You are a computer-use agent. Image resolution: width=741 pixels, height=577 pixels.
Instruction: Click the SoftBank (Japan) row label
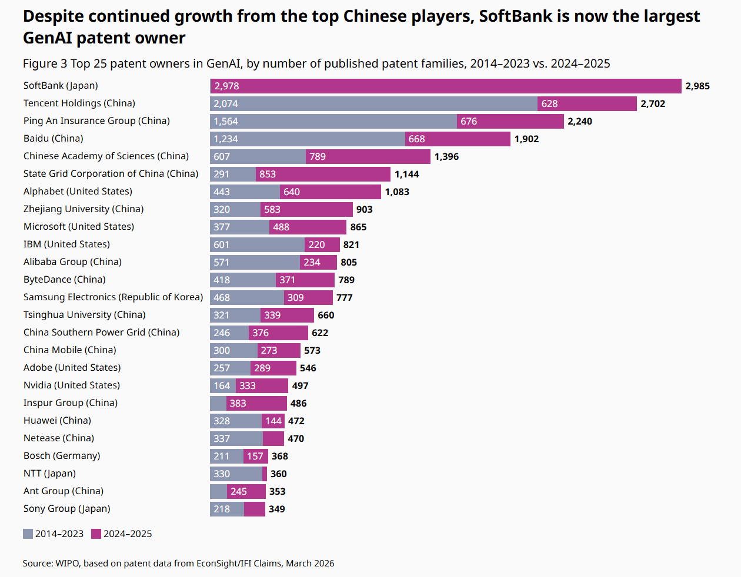pyautogui.click(x=61, y=86)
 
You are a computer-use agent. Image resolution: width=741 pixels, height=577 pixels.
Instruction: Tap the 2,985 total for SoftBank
pyautogui.click(x=697, y=86)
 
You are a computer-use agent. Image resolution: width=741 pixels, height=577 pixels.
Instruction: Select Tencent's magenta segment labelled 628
pyautogui.click(x=587, y=103)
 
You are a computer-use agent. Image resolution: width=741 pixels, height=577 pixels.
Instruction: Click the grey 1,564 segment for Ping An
pyautogui.click(x=333, y=121)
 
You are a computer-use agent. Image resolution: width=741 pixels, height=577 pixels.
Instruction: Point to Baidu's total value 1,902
pyautogui.click(x=526, y=139)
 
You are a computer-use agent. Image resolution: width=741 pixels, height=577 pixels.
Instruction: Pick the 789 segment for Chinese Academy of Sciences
pyautogui.click(x=368, y=157)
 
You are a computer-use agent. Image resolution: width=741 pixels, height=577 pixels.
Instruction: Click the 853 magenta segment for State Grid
pyautogui.click(x=323, y=174)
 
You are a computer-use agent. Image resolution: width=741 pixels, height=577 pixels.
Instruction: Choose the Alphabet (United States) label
pyautogui.click(x=78, y=192)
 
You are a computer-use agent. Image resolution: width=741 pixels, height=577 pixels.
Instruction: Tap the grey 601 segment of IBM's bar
pyautogui.click(x=257, y=244)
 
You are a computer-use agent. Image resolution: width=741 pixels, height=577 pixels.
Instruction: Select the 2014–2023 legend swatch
pyautogui.click(x=28, y=534)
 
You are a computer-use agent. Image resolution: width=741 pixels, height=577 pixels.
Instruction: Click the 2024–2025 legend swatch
pyautogui.click(x=96, y=534)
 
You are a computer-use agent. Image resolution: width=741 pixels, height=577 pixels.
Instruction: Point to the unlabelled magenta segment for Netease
pyautogui.click(x=273, y=438)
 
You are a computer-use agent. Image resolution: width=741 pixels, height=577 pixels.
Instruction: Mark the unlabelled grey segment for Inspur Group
pyautogui.click(x=218, y=403)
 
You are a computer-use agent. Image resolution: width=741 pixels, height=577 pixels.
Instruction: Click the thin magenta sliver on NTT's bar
pyautogui.click(x=265, y=474)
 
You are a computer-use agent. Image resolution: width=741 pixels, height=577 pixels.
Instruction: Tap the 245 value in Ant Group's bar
pyautogui.click(x=238, y=491)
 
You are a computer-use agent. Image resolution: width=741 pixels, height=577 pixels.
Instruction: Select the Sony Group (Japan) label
pyautogui.click(x=67, y=509)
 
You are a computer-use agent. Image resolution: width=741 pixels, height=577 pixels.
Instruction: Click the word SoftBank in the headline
pyautogui.click(x=516, y=16)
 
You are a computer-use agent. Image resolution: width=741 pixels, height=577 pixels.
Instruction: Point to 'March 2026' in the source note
pyautogui.click(x=310, y=563)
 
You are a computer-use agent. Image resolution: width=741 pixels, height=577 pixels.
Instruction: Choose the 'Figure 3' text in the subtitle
pyautogui.click(x=45, y=63)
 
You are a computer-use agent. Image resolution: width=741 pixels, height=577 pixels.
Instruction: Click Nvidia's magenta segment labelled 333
pyautogui.click(x=262, y=385)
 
